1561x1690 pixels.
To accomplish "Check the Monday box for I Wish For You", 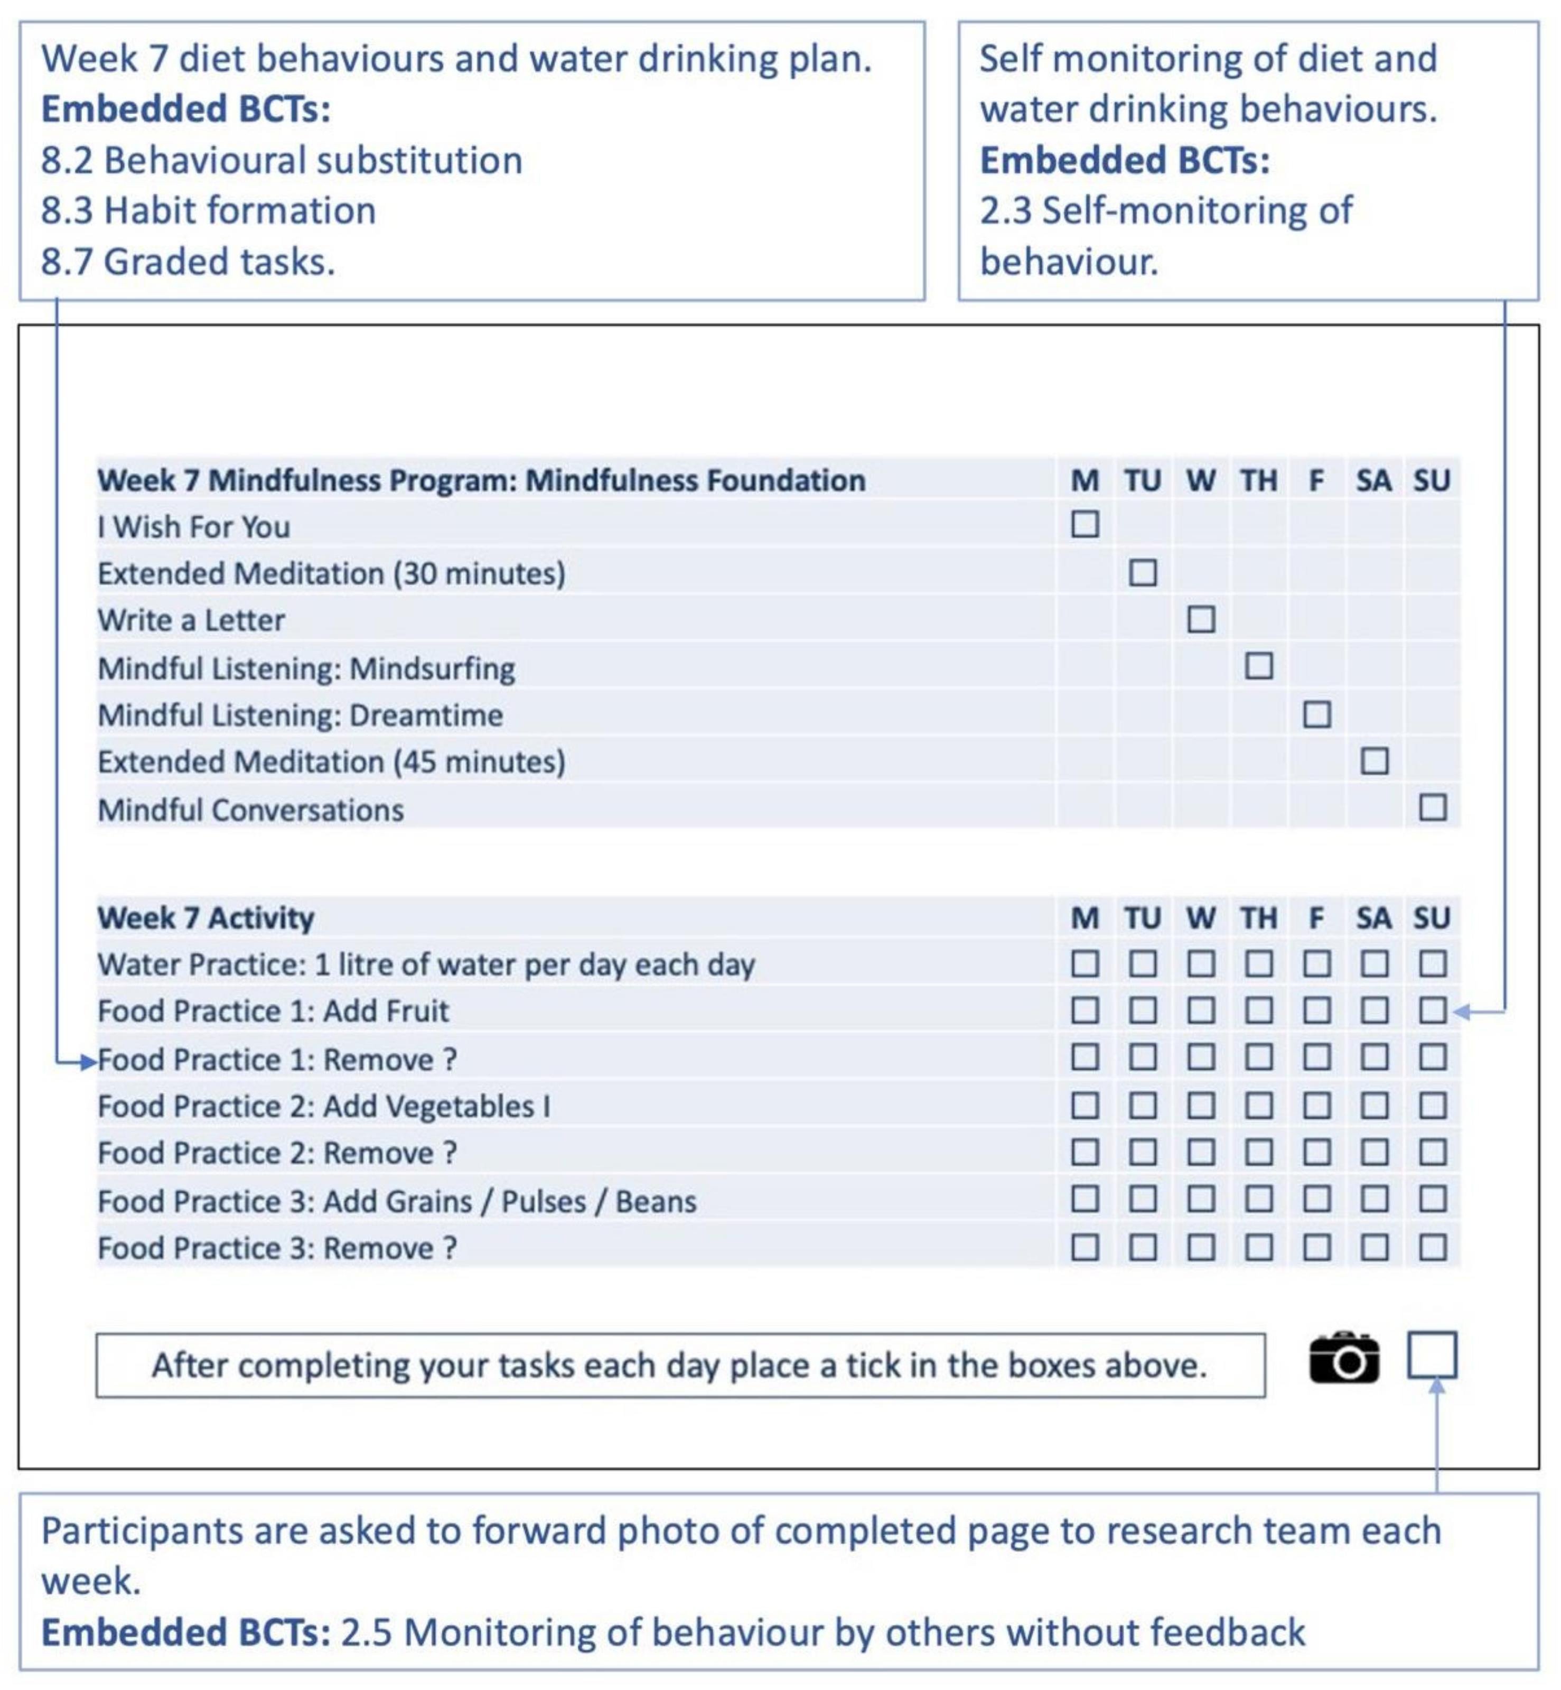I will (1086, 525).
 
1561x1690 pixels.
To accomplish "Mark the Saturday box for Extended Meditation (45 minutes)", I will (1375, 762).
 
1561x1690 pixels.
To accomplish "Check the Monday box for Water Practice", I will (1086, 963).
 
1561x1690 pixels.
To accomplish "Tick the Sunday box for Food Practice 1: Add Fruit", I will (1433, 1010).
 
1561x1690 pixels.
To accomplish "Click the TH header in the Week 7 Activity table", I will (1259, 918).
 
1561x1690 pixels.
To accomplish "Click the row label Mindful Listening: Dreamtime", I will (300, 716).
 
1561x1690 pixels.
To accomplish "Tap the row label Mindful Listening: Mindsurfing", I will (306, 669).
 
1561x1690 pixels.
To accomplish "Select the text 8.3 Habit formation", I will (209, 210).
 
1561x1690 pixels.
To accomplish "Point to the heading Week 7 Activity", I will (205, 918).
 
